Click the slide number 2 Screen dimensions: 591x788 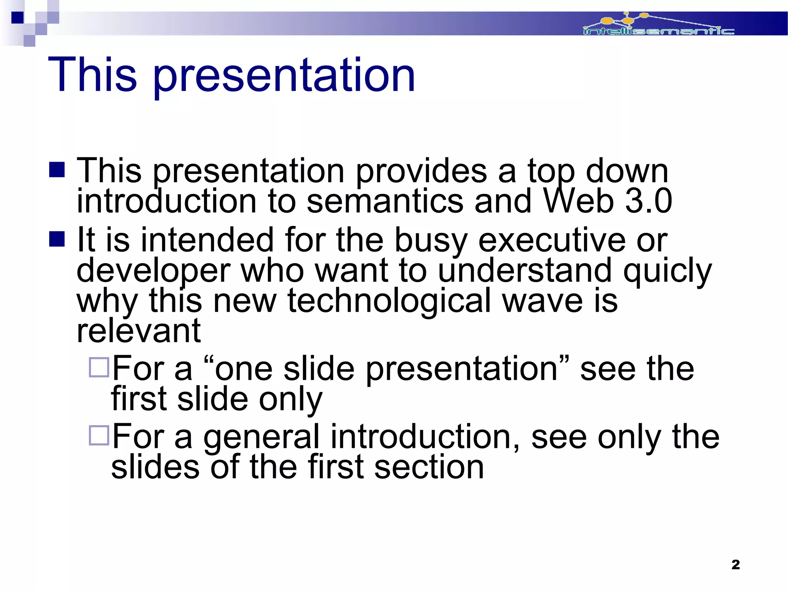click(x=735, y=564)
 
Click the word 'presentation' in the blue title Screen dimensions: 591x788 click(x=284, y=75)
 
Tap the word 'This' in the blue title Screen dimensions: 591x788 click(x=92, y=74)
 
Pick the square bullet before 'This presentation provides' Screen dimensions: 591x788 click(x=57, y=170)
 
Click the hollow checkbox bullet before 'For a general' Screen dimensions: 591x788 click(x=99, y=435)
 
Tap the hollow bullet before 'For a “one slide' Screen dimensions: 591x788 click(x=99, y=367)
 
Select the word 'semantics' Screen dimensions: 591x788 click(x=385, y=202)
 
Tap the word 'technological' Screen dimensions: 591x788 click(x=389, y=301)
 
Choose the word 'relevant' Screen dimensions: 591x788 click(x=139, y=331)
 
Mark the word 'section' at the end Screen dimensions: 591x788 click(x=429, y=467)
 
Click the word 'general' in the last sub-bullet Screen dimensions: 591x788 click(x=261, y=437)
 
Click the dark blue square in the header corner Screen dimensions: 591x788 click(x=18, y=18)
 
